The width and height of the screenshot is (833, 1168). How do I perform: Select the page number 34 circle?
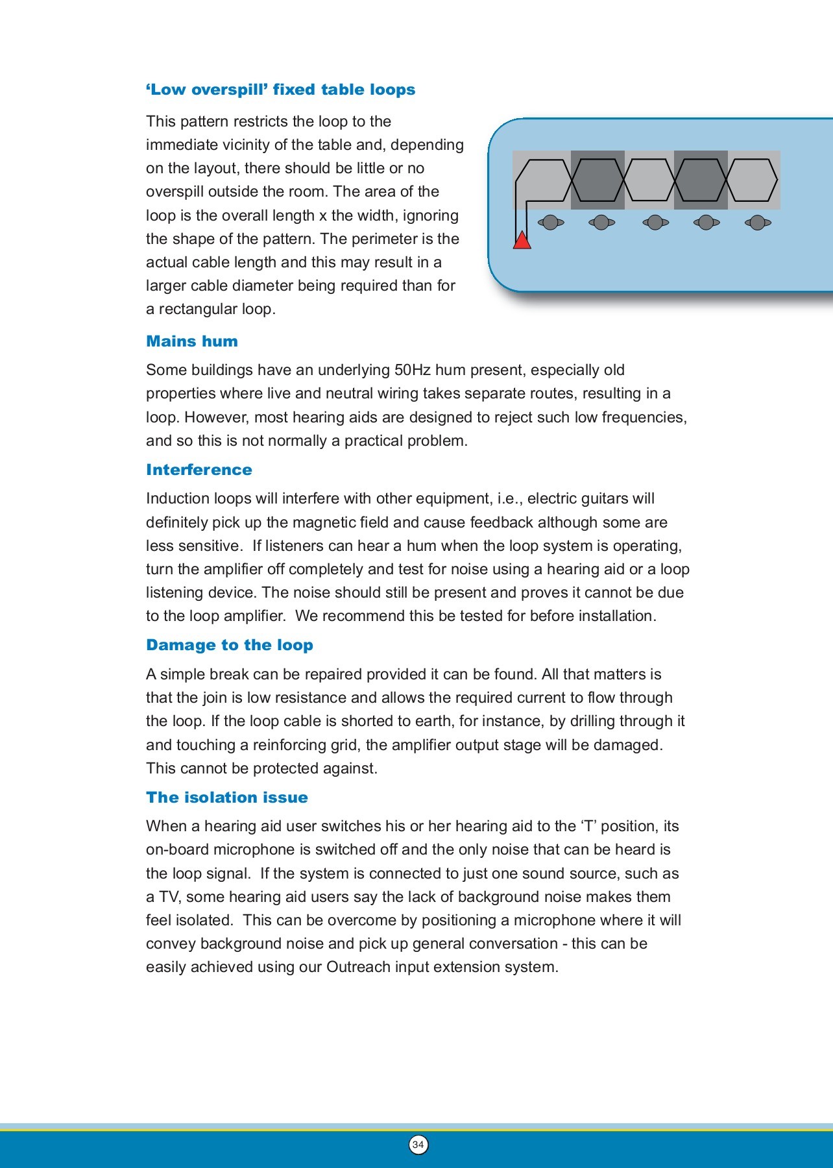418,1145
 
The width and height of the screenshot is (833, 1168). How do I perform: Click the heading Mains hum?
192,341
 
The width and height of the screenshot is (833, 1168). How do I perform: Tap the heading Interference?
199,470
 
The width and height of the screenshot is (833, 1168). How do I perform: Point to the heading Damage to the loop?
230,645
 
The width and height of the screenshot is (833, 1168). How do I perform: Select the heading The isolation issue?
227,797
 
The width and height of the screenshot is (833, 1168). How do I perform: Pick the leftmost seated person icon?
551,223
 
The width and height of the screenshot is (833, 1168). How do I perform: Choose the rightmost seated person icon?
758,223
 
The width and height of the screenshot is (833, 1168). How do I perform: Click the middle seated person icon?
655,223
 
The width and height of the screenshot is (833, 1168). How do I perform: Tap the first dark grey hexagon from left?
598,180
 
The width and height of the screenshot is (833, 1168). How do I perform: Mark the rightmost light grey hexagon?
752,180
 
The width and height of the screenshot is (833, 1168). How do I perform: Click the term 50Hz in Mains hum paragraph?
412,370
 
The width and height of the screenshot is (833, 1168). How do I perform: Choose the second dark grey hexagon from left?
701,180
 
